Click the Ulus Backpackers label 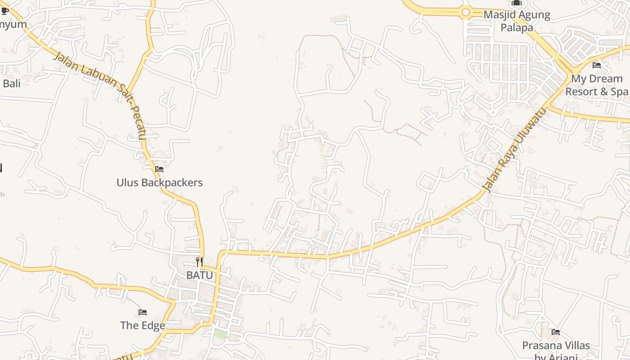pyautogui.click(x=159, y=183)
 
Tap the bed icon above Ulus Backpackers pyautogui.click(x=159, y=170)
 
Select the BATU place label pyautogui.click(x=199, y=275)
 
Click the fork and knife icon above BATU pyautogui.click(x=199, y=262)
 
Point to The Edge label pyautogui.click(x=142, y=325)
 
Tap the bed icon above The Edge pyautogui.click(x=143, y=312)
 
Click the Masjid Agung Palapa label pyautogui.click(x=517, y=21)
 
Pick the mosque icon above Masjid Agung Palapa pyautogui.click(x=516, y=3)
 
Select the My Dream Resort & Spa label pyautogui.click(x=596, y=85)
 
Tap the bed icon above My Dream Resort pyautogui.click(x=597, y=65)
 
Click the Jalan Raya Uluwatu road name pyautogui.click(x=513, y=149)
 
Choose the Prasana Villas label pyautogui.click(x=556, y=346)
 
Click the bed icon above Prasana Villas pyautogui.click(x=556, y=332)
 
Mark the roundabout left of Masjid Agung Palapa pyautogui.click(x=466, y=13)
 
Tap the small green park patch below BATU pyautogui.click(x=220, y=334)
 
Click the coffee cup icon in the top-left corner pyautogui.click(x=4, y=11)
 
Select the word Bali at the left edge pyautogui.click(x=11, y=83)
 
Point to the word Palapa pyautogui.click(x=517, y=27)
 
